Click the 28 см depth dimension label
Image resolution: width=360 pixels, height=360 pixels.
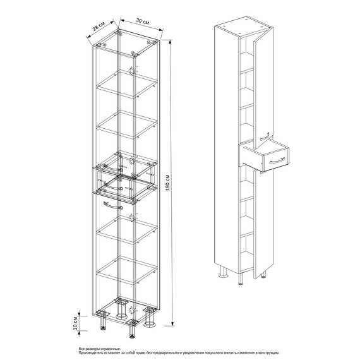coord(99,26)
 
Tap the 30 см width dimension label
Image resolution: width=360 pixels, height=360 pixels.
coord(143,21)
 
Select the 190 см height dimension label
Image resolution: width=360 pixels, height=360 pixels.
coord(167,183)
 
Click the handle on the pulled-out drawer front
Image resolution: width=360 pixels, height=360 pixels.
coord(277,160)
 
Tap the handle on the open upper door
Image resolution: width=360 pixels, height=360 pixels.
coord(265,136)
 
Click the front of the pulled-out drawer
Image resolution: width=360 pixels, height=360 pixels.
coord(277,160)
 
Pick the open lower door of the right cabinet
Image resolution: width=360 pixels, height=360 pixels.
coord(263,224)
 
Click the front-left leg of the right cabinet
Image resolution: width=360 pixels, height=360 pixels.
coord(240,279)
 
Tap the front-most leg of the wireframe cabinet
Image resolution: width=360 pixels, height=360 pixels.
coord(131,330)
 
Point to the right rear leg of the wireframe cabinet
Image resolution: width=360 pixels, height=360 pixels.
coord(150,318)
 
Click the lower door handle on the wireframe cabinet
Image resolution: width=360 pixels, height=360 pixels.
coord(113,205)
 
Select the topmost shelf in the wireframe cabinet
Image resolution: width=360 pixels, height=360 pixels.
coord(127,84)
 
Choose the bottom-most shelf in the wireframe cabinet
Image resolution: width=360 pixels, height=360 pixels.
coord(127,270)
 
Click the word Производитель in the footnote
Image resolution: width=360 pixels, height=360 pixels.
coord(89,352)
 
